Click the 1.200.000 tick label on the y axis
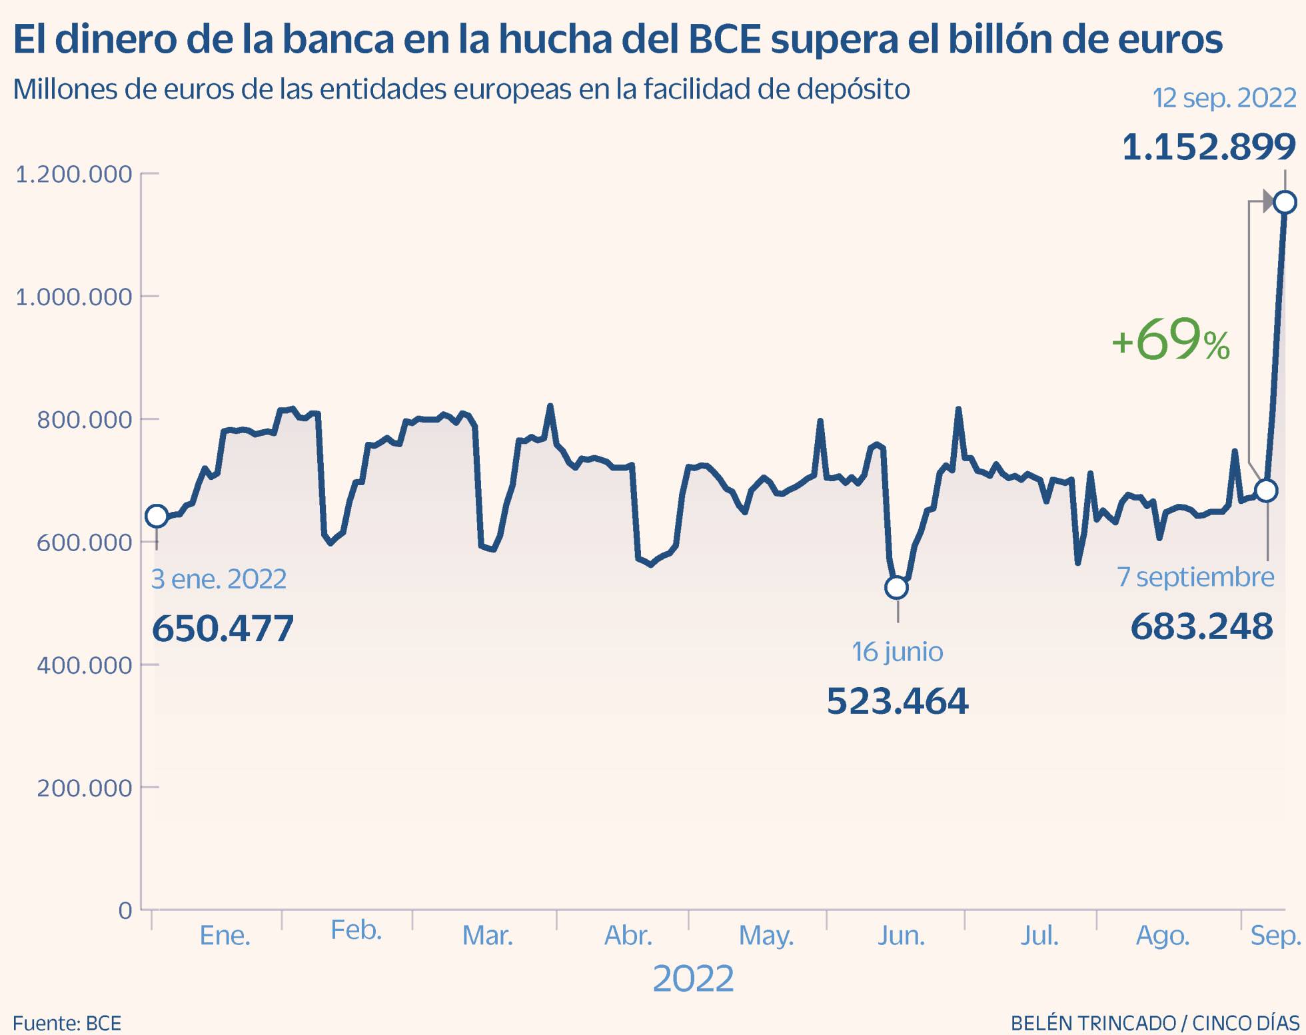point(73,175)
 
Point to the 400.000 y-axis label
point(84,665)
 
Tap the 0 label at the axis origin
point(125,910)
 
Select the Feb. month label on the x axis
point(356,930)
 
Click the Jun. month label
point(901,936)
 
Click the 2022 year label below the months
point(693,978)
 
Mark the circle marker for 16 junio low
point(897,588)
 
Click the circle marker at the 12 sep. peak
point(1285,202)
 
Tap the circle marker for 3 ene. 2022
point(157,516)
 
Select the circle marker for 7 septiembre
point(1266,491)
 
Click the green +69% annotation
point(1170,341)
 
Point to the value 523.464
point(897,701)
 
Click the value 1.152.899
point(1209,147)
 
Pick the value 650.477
point(223,628)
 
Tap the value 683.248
point(1201,626)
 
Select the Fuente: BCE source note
point(67,1023)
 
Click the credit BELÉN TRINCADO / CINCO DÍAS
point(1155,1023)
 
